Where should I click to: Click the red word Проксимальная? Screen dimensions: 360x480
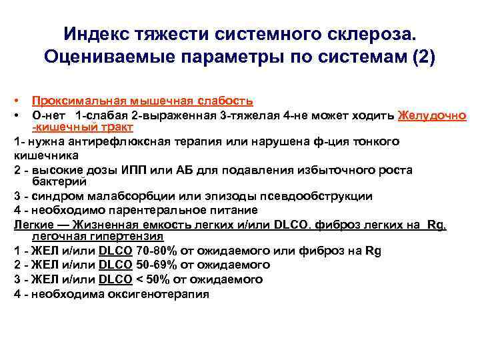[73, 101]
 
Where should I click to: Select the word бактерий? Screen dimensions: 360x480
[62, 182]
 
